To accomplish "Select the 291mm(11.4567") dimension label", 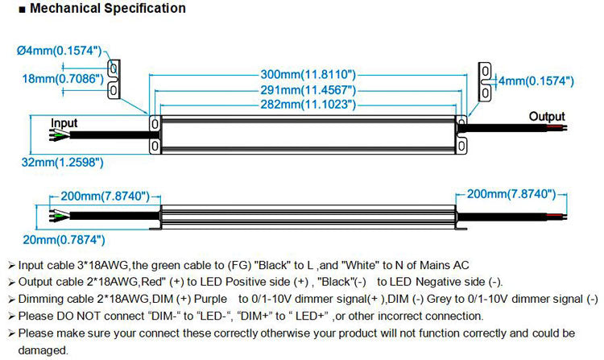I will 308,89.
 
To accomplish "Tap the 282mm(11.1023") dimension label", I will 308,105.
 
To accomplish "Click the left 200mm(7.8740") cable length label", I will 105,195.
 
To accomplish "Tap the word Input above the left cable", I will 64,123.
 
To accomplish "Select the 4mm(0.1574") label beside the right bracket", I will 535,81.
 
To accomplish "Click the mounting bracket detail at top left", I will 115,79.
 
